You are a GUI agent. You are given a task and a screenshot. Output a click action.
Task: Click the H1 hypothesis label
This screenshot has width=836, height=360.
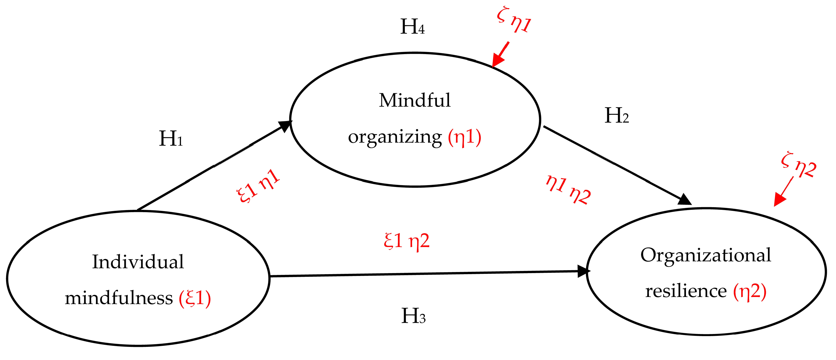[171, 139]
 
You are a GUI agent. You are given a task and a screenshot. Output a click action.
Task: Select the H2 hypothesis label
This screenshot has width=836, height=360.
[616, 116]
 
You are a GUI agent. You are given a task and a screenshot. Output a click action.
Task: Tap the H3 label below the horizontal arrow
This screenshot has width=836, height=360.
[413, 316]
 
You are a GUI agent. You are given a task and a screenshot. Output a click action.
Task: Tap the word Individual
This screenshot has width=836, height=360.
[138, 262]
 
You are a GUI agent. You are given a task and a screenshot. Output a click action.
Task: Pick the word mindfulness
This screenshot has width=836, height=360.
[118, 298]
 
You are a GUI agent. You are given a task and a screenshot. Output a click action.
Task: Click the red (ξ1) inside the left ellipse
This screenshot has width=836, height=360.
[195, 298]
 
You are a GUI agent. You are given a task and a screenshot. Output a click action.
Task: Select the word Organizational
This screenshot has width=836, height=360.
[705, 255]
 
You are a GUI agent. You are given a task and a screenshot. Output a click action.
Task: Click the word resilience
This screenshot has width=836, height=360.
[686, 291]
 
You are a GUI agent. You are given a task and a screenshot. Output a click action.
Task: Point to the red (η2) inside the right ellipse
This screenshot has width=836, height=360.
[750, 291]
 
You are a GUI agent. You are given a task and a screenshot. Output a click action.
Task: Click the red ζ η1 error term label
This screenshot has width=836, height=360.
[514, 20]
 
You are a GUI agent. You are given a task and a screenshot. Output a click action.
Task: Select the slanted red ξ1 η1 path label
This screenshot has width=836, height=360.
[258, 186]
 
